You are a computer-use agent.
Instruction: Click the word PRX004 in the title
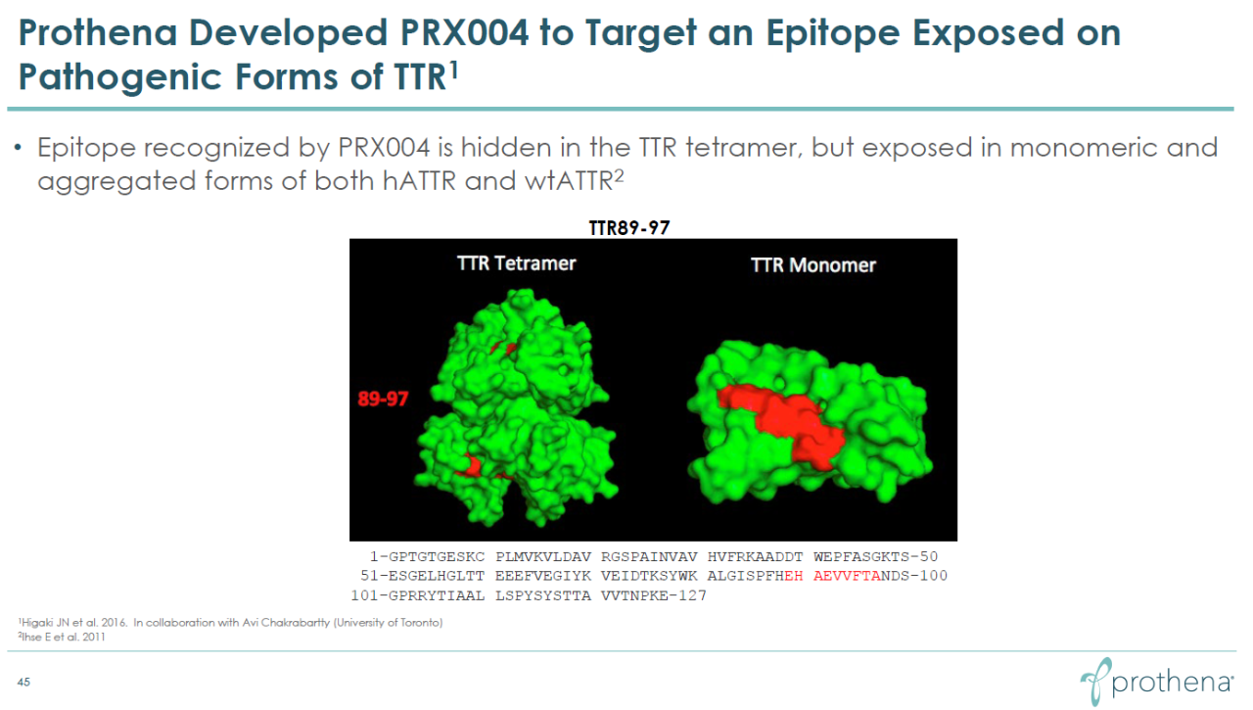tap(464, 32)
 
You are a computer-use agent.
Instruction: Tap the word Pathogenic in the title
tap(120, 77)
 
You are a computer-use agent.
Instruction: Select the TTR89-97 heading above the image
tap(629, 228)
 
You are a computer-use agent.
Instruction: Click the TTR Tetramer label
tap(516, 263)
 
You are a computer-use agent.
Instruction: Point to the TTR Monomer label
tap(812, 265)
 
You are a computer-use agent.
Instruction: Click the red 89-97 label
tap(383, 399)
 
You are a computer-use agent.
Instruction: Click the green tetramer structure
tap(516, 408)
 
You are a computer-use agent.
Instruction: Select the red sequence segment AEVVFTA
tap(847, 576)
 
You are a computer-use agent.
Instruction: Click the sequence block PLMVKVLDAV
tap(543, 556)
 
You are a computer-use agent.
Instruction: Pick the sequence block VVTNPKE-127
tap(654, 595)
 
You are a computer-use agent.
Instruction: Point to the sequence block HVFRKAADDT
tap(755, 556)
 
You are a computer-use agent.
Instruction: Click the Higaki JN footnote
tap(230, 623)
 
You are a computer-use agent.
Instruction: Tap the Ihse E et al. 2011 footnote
tap(62, 637)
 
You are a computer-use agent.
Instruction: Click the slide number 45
tap(23, 682)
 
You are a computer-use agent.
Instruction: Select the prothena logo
tap(1157, 682)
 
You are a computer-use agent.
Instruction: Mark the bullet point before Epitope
tap(18, 148)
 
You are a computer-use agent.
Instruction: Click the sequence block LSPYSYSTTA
tap(543, 595)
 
